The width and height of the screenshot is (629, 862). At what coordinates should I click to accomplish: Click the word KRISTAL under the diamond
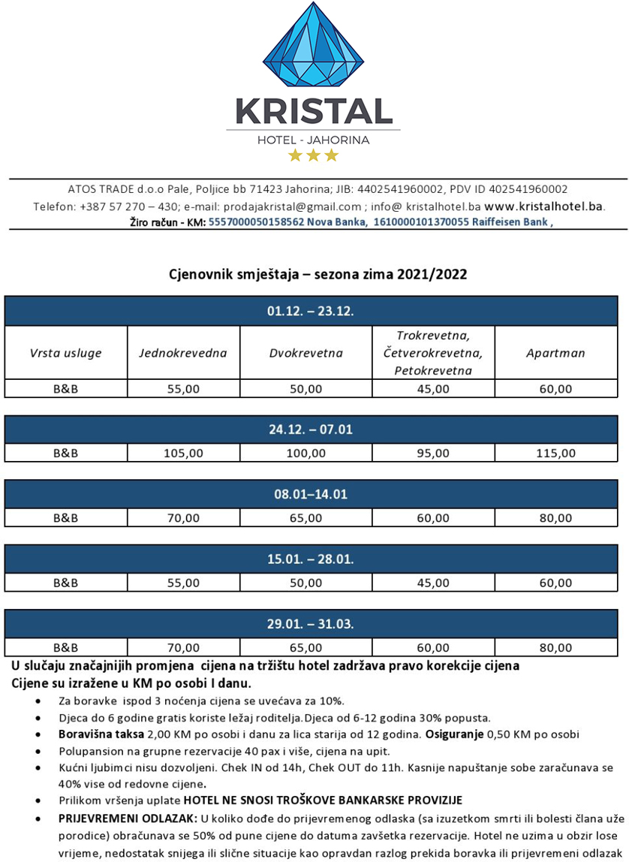(313, 111)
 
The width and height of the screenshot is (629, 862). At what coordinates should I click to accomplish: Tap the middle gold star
(313, 155)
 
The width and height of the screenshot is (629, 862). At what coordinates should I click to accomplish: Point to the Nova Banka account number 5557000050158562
(256, 222)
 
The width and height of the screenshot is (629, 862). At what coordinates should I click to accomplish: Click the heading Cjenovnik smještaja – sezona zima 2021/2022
(318, 274)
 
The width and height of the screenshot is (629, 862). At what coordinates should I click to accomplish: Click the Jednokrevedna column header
(182, 353)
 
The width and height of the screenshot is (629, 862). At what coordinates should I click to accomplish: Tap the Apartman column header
(555, 353)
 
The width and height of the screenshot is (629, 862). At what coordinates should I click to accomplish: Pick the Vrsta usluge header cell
(65, 353)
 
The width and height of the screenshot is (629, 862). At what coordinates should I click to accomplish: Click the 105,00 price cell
(183, 453)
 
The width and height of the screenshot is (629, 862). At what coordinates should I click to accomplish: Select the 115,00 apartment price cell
(555, 453)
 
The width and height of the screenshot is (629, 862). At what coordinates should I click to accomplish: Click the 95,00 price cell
(433, 453)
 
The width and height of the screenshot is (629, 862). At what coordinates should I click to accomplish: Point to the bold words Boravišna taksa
(102, 734)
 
